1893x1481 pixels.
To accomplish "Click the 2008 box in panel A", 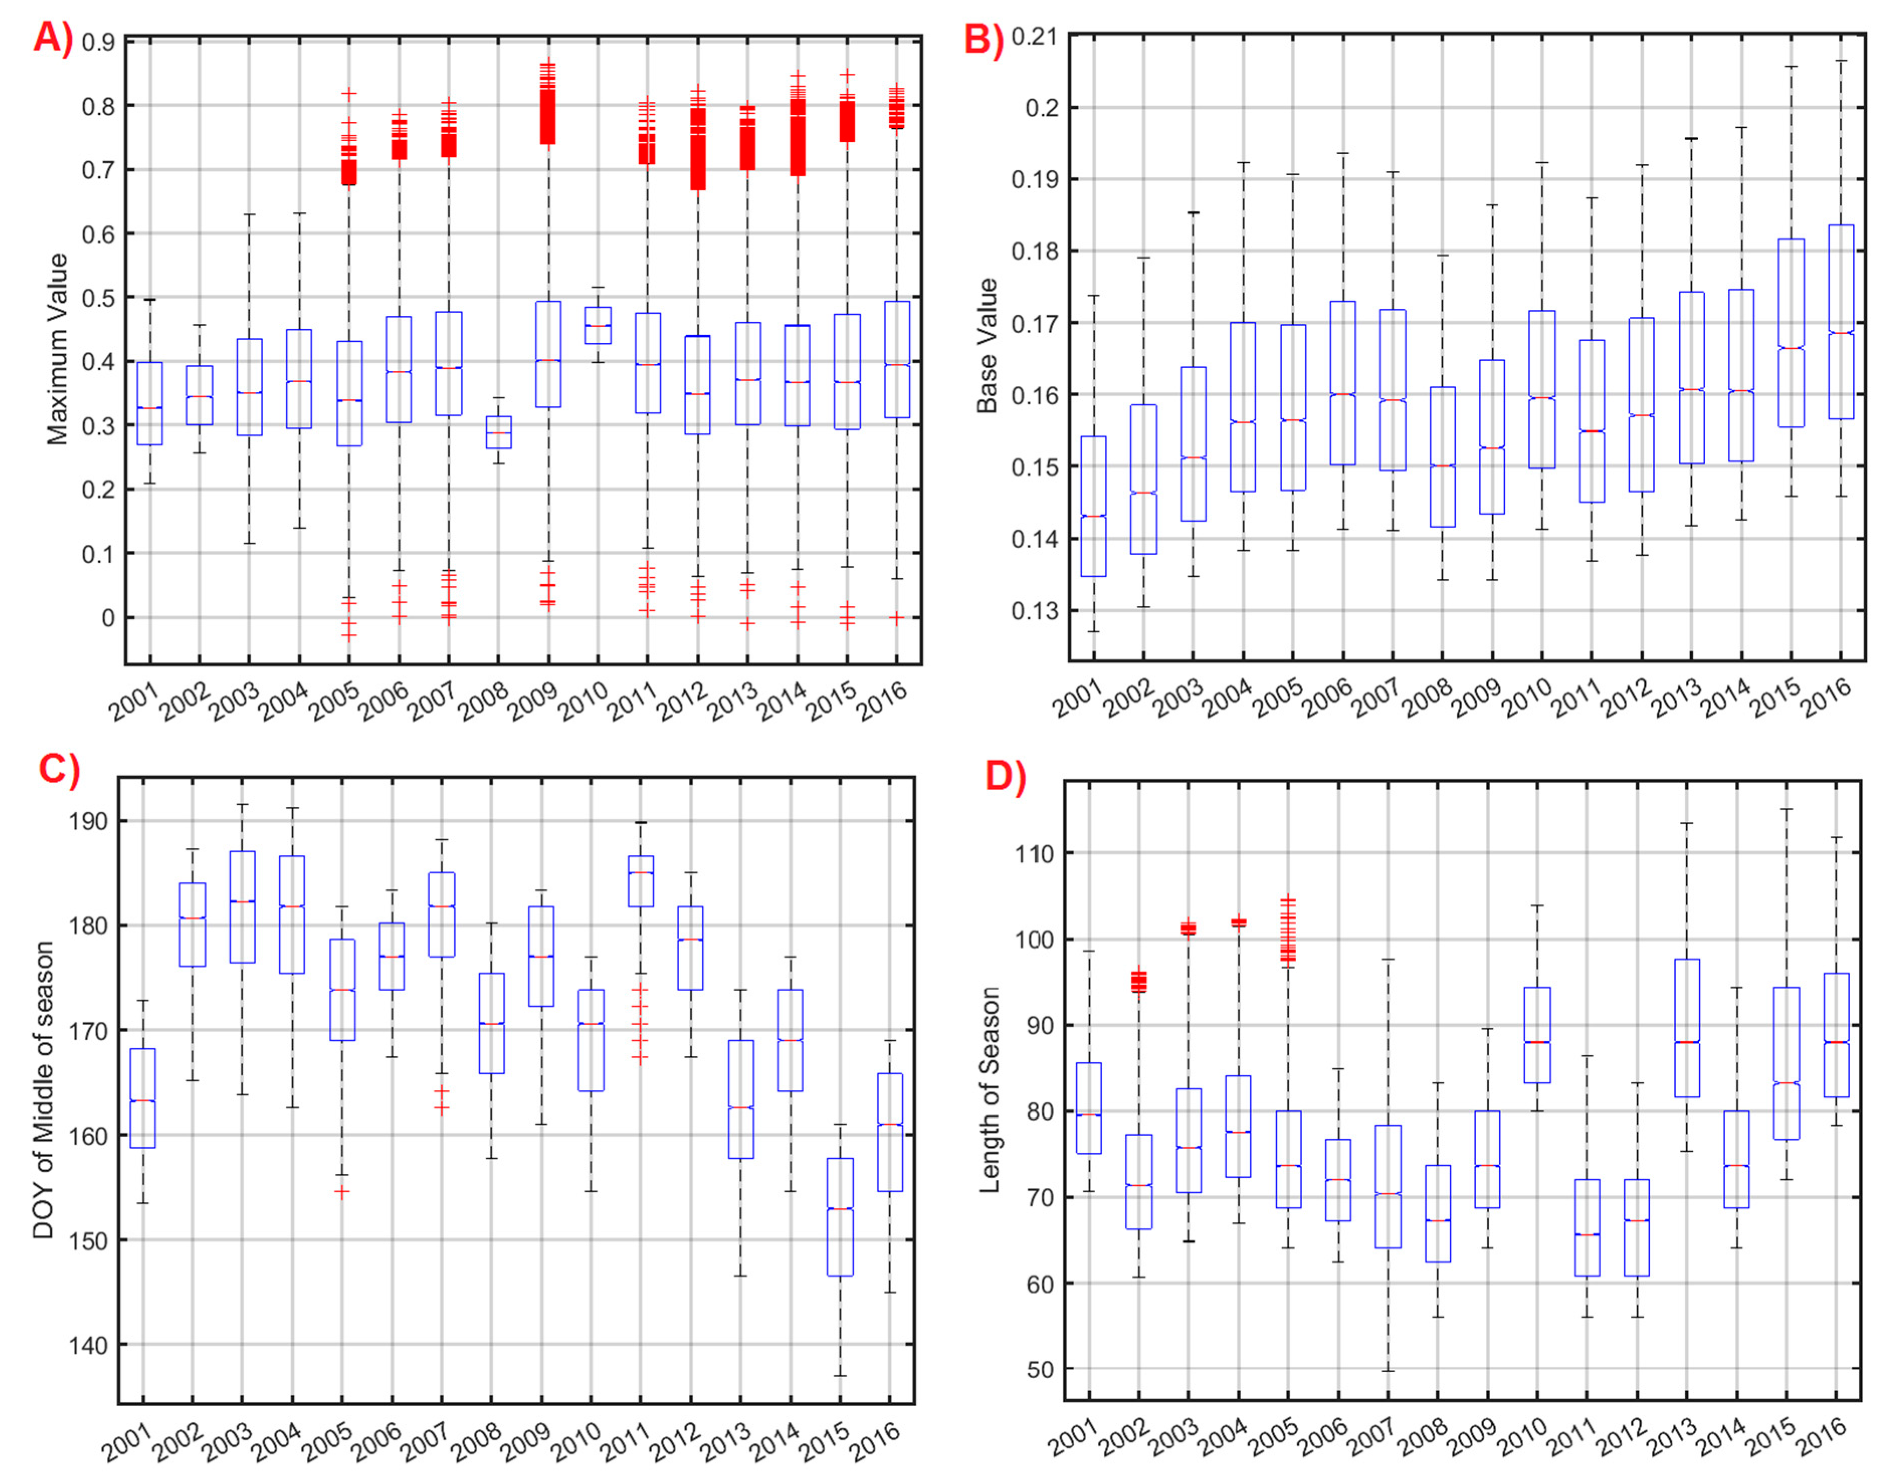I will tap(498, 432).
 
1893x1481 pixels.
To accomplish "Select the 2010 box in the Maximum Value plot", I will tap(598, 325).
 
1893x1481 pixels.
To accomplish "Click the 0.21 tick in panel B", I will tap(1034, 37).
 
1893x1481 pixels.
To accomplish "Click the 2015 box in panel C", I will tap(840, 1216).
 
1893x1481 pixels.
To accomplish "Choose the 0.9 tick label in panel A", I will tap(97, 42).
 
